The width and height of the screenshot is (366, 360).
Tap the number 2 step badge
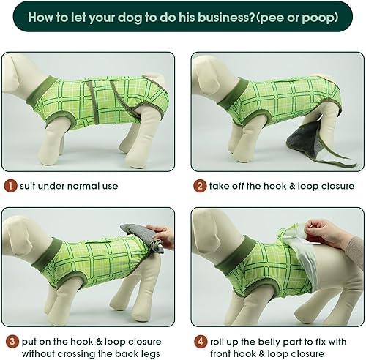pyautogui.click(x=200, y=186)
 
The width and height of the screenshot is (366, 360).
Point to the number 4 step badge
pyautogui.click(x=200, y=342)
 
